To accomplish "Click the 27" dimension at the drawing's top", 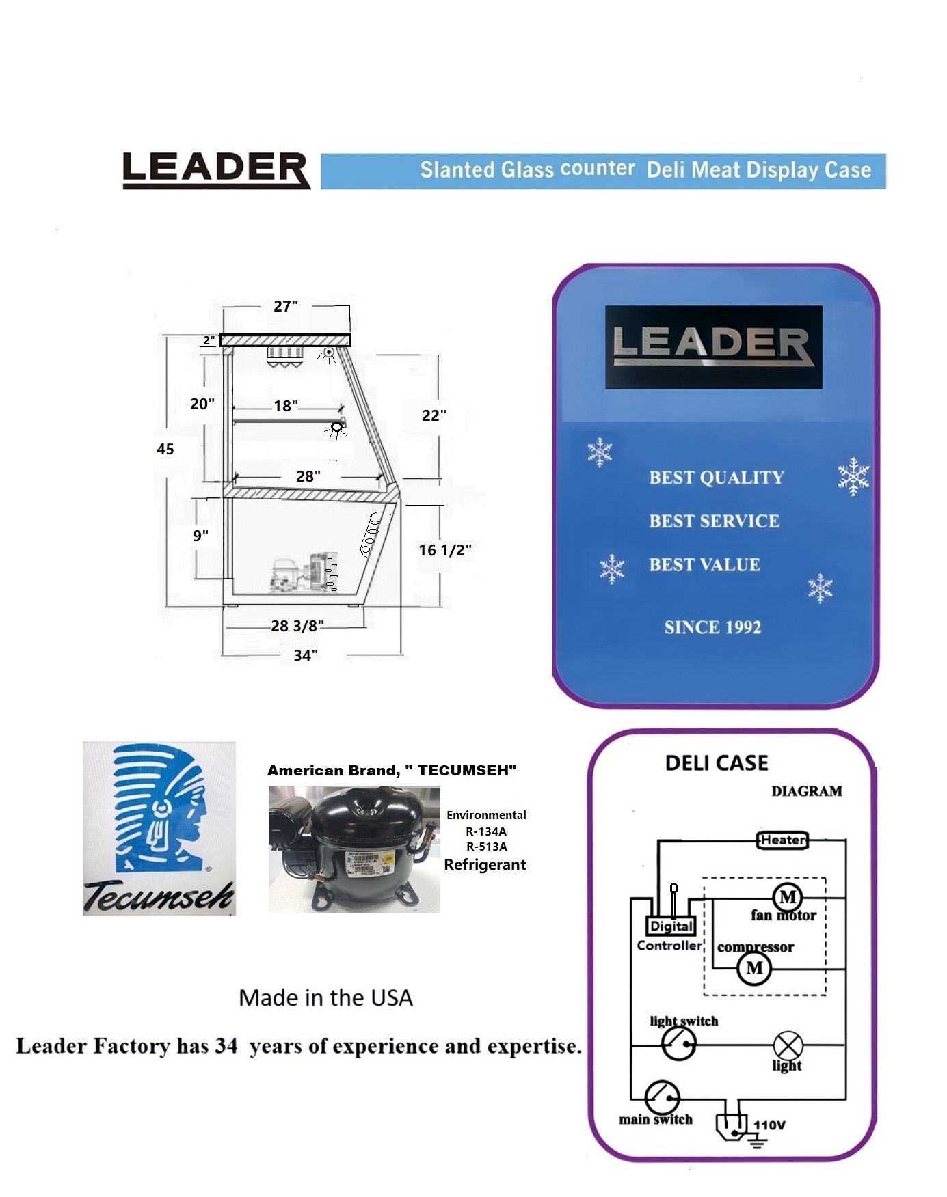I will pos(286,306).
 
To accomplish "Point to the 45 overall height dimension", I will pos(165,449).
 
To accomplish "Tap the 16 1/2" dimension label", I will pos(445,550).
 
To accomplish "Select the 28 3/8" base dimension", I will pos(297,626).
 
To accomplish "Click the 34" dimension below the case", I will pos(306,655).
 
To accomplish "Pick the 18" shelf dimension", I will pos(286,406).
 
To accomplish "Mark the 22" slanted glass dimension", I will pos(434,415).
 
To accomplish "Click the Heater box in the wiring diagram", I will pos(783,840).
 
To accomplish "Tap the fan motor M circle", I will pos(788,897).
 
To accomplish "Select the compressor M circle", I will pos(754,968).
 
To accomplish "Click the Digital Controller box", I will pos(671,926).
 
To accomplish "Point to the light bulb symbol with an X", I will pos(788,1045).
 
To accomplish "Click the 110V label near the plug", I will pos(769,1125).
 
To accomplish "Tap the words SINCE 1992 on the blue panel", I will pos(712,627).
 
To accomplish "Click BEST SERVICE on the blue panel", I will pos(714,521).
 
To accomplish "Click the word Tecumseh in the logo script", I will pos(159,896).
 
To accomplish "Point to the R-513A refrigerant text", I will pos(486,847).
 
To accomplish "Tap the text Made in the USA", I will pos(325,998).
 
